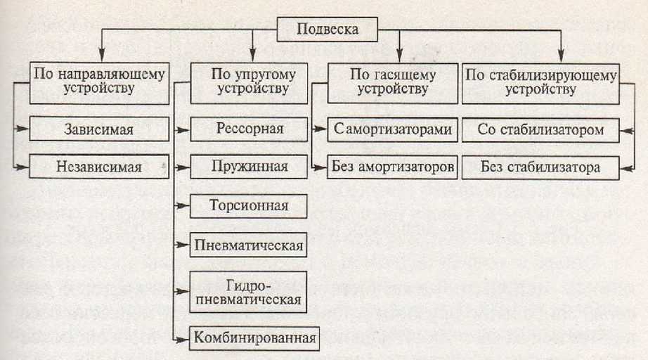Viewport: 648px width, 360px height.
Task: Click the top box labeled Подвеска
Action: coord(328,29)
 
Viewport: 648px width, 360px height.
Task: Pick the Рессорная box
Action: coord(250,129)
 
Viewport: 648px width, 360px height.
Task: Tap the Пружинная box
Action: coord(250,167)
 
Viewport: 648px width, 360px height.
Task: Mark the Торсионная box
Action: coord(250,206)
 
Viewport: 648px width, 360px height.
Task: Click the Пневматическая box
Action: coord(250,245)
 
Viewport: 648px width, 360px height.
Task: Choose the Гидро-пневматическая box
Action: coord(250,291)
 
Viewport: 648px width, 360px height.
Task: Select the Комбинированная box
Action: coord(253,337)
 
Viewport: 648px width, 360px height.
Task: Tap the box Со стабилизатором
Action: coord(540,129)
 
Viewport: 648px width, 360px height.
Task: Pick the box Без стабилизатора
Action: coord(540,167)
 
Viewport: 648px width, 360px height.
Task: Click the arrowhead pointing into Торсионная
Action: coord(186,206)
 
